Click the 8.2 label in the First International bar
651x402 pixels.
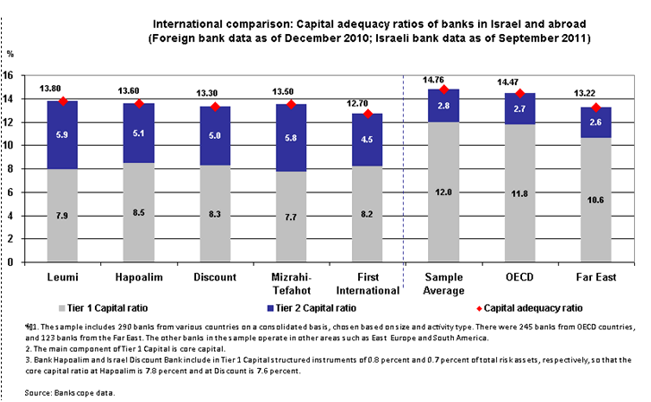(368, 215)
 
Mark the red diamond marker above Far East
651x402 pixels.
(596, 108)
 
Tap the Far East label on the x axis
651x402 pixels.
(596, 278)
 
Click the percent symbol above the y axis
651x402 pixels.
(11, 55)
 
